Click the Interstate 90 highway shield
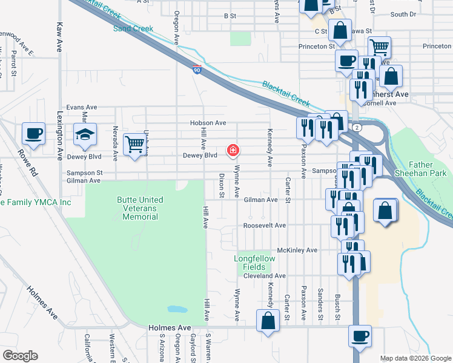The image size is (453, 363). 196,70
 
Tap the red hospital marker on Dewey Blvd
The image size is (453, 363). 232,150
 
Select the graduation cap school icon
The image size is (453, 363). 85,136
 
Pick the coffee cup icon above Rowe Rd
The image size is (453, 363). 33,134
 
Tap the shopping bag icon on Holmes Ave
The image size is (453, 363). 268,321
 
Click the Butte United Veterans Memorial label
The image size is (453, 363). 140,208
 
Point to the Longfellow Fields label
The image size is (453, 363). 254,263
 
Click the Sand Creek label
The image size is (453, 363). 133,28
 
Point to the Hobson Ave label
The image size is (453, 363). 208,123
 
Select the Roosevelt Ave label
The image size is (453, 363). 264,226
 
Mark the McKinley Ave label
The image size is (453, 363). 297,250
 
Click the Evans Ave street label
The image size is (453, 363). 82,107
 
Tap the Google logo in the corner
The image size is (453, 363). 19,356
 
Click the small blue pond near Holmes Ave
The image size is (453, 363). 177,309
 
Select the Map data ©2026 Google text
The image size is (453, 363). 415,358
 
